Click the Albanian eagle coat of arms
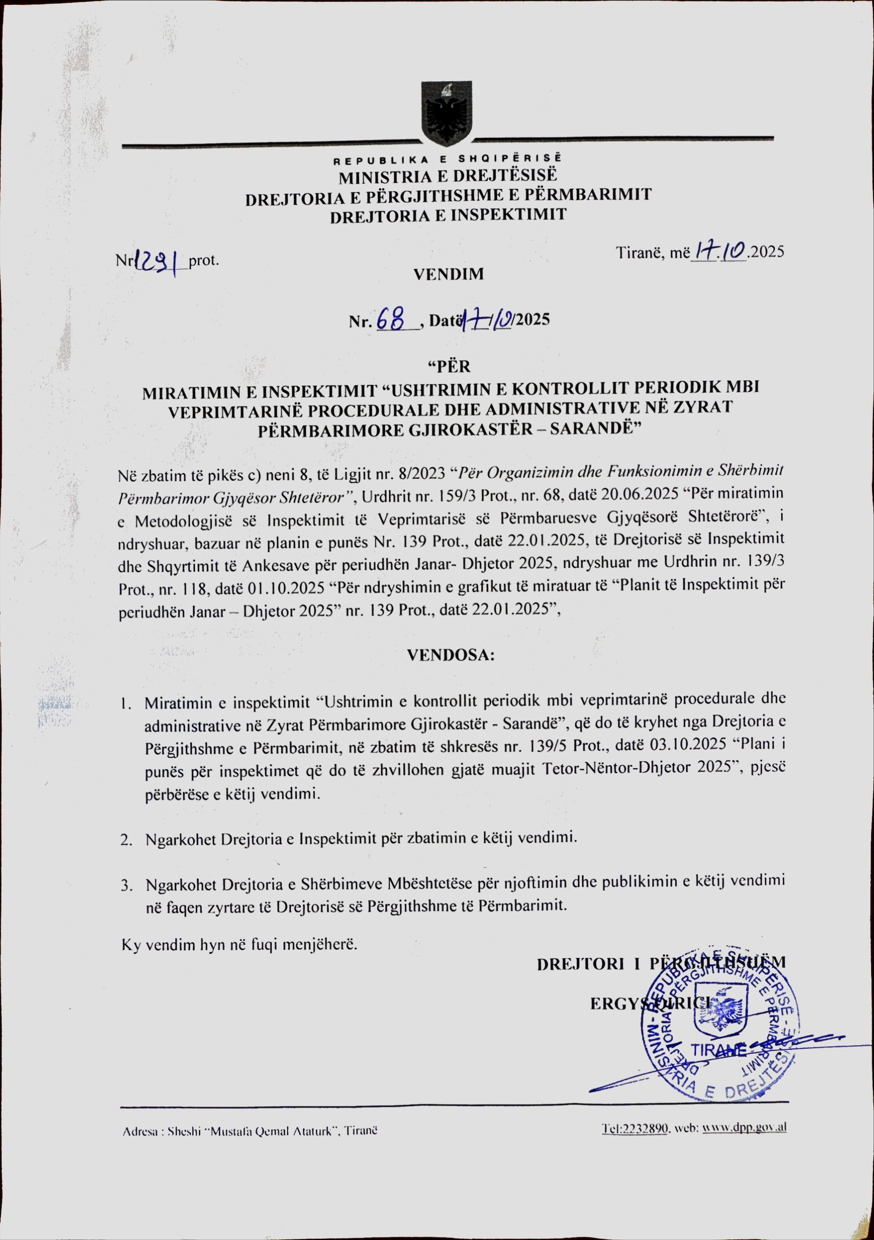(x=446, y=113)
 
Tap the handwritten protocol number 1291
(x=157, y=262)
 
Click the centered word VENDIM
(x=448, y=274)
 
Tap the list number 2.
(x=126, y=839)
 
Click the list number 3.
(x=126, y=885)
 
